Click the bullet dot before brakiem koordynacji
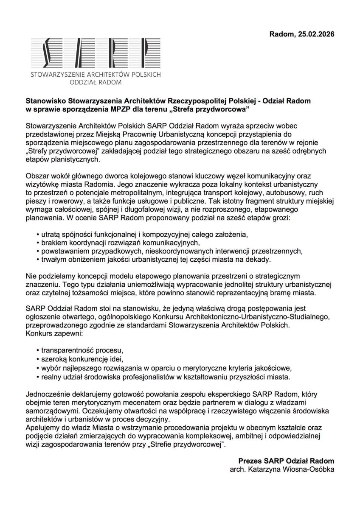(x=38, y=242)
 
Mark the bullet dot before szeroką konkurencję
(x=38, y=359)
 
